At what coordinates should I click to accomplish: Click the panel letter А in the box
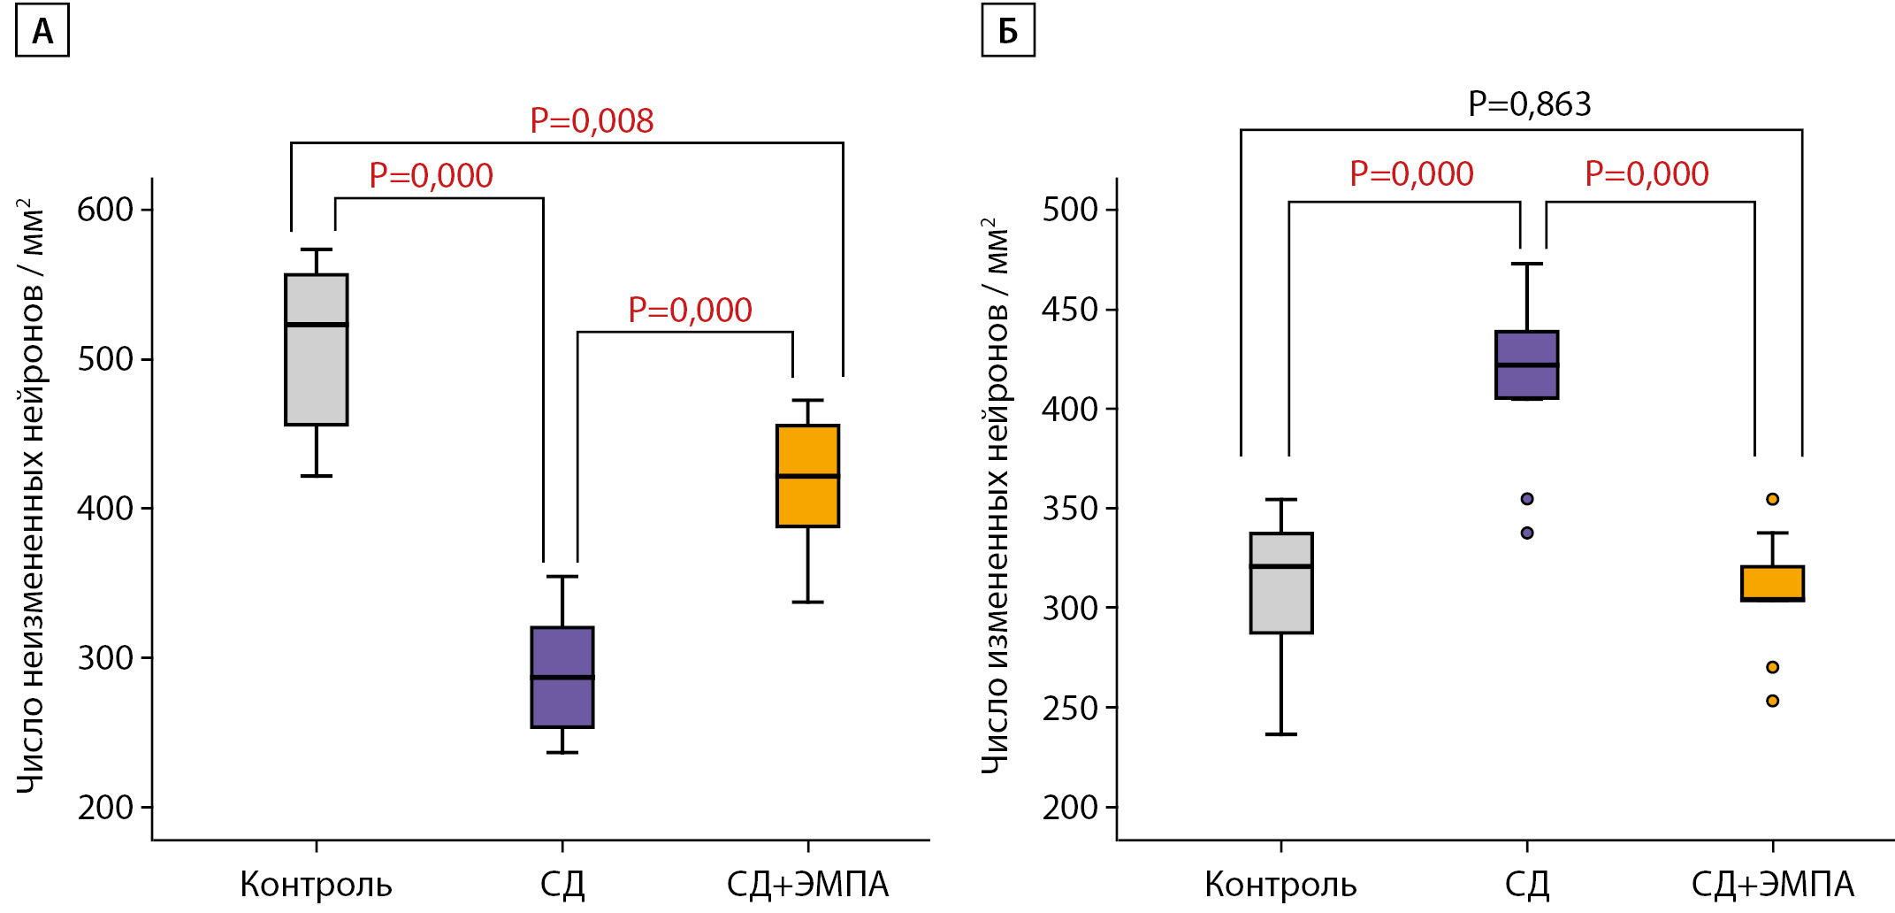point(42,32)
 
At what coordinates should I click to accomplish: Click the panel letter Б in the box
point(1008,32)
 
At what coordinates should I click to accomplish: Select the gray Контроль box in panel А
point(317,350)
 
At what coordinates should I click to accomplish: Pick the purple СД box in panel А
point(562,678)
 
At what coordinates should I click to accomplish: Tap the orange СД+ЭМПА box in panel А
point(807,476)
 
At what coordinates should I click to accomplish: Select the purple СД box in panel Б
point(1527,365)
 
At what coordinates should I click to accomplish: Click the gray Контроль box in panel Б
point(1281,583)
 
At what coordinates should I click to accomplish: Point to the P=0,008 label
point(592,121)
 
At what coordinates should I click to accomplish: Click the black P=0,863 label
point(1530,104)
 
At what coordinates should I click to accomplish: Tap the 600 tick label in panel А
point(105,211)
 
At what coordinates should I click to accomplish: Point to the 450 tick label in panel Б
point(1070,310)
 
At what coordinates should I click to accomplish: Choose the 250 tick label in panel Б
point(1070,709)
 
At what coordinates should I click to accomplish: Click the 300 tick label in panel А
point(105,658)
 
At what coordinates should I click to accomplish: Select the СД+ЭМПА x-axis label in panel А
point(807,885)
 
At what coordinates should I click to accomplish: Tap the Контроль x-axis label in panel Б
point(1280,885)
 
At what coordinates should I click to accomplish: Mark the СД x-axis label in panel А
point(562,885)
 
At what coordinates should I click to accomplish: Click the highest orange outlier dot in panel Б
point(1772,499)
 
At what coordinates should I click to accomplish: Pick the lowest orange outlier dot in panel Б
point(1772,701)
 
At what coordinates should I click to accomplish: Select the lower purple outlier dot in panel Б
point(1527,533)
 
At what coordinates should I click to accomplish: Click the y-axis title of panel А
point(32,495)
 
